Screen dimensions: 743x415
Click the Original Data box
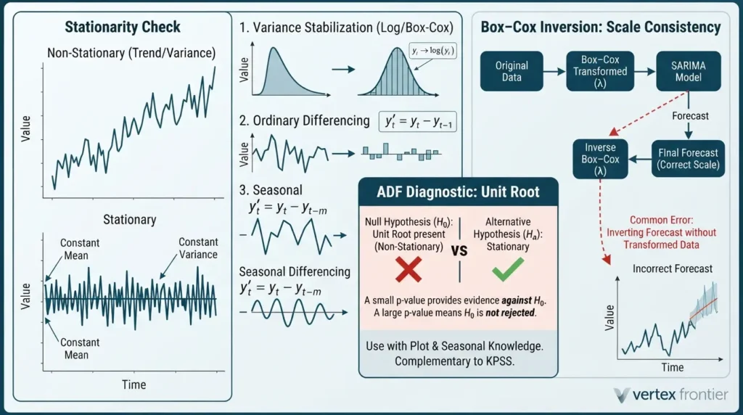[512, 71]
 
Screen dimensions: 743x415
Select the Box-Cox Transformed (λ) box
[600, 71]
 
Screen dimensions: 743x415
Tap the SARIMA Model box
[688, 71]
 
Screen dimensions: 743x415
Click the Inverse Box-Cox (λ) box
[600, 159]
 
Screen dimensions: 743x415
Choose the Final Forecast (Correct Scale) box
[688, 159]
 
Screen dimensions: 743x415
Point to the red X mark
[408, 270]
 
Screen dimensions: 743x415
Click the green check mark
[507, 269]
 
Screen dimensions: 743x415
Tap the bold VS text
[459, 250]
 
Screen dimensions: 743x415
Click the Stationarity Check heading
[123, 27]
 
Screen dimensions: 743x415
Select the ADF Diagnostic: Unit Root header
[459, 192]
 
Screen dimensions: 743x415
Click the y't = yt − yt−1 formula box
[418, 122]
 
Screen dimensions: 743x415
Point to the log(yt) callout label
[432, 51]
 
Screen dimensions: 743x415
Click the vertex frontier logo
[670, 394]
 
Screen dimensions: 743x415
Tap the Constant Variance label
[198, 248]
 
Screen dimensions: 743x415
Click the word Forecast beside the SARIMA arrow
[691, 116]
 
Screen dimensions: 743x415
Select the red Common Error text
[661, 232]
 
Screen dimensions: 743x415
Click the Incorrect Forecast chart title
[673, 268]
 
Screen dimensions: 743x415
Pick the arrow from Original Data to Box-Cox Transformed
[554, 72]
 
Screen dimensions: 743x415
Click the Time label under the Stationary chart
[134, 385]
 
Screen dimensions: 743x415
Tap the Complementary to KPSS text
[454, 361]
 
